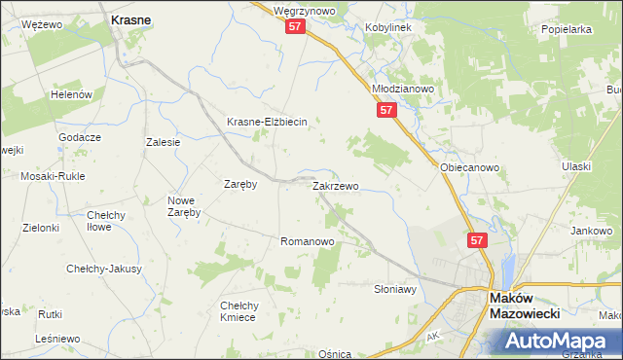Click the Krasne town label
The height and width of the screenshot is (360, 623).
pos(130,18)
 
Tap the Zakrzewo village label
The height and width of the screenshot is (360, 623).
pos(336,185)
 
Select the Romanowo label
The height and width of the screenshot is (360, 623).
pos(308,240)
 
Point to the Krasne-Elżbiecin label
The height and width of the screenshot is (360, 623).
pos(267,122)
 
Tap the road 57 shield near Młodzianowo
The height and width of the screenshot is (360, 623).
pos(386,111)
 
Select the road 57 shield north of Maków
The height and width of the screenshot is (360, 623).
pos(476,239)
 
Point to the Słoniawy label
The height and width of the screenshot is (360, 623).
pos(395,289)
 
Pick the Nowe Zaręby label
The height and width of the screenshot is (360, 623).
pos(183,205)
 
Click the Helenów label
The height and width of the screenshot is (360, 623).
pos(73,94)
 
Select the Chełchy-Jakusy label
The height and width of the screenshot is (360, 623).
pos(104,269)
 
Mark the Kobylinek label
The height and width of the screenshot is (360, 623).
pos(388,27)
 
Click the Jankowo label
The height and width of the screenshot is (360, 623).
pos(592,231)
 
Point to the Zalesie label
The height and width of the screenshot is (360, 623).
pos(164,142)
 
